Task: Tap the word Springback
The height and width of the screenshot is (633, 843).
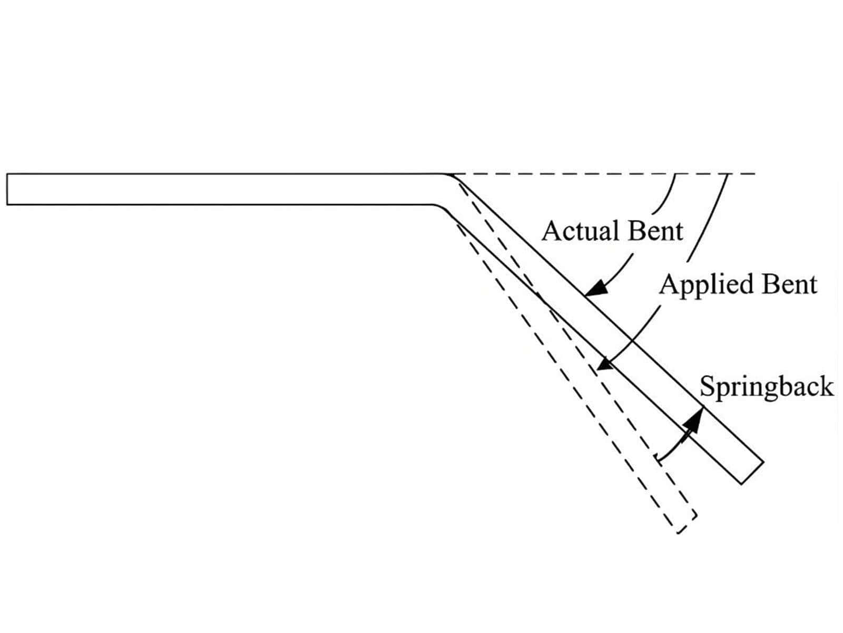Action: click(x=767, y=387)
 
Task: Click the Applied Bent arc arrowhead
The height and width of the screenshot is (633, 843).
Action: click(x=605, y=365)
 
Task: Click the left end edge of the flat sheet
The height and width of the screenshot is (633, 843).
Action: click(x=7, y=189)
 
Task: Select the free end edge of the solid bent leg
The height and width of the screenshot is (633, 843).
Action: click(x=752, y=473)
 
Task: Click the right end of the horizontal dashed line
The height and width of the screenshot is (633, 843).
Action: click(x=754, y=174)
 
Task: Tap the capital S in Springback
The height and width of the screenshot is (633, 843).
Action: click(x=707, y=387)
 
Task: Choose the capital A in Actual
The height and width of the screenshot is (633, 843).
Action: click(x=551, y=231)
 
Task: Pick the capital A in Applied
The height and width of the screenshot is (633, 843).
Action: click(x=668, y=284)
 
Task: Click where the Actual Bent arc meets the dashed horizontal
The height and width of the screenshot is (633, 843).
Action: click(x=675, y=174)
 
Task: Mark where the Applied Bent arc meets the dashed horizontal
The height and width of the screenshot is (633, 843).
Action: click(x=728, y=174)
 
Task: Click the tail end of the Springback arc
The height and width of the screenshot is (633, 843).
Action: click(x=656, y=458)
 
